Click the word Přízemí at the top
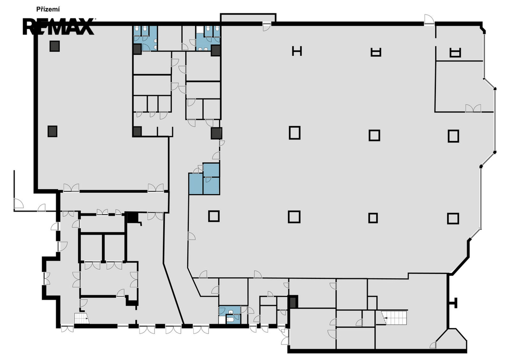point(48,9)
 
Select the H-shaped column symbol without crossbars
point(297,51)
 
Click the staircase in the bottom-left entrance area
point(82,318)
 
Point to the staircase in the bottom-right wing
point(394,317)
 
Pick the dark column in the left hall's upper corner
point(55,46)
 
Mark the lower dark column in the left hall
point(52,131)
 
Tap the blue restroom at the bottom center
point(230,315)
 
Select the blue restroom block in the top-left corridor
point(145,38)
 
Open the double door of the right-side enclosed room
point(473,108)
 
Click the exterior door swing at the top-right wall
point(429,19)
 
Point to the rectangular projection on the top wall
point(248,18)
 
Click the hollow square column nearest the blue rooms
point(214,216)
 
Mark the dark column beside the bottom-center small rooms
point(293,302)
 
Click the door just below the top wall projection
point(267,27)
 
